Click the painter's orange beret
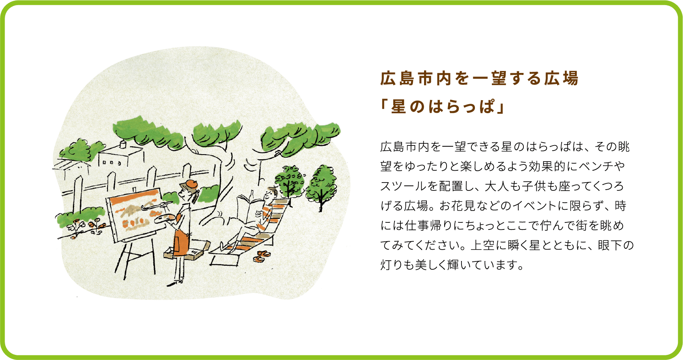(x=191, y=183)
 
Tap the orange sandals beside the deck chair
(x=262, y=256)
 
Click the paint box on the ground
(x=187, y=250)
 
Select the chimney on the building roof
(x=123, y=144)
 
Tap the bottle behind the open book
(x=252, y=195)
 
